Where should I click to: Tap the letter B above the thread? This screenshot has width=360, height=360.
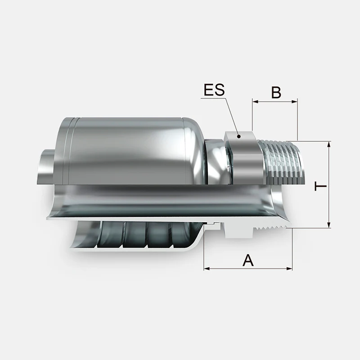tap(276, 92)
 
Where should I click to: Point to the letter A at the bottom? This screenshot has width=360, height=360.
tap(248, 260)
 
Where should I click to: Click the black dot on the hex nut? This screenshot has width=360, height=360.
tap(239, 136)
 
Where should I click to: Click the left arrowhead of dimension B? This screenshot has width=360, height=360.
tap(255, 102)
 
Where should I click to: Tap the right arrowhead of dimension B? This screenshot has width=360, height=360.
tap(295, 102)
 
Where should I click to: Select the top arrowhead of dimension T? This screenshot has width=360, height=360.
tap(329, 144)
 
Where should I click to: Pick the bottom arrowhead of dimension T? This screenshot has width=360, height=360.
tap(329, 225)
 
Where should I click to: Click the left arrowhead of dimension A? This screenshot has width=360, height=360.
tap(207, 268)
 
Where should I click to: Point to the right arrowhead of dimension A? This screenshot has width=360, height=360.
tap(289, 268)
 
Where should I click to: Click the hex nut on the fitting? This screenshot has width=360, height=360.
tap(244, 158)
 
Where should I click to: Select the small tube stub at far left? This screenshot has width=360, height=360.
tap(46, 166)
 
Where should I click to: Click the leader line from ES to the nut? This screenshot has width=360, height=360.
tap(232, 117)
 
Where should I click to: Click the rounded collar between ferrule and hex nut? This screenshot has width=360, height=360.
tap(216, 162)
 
